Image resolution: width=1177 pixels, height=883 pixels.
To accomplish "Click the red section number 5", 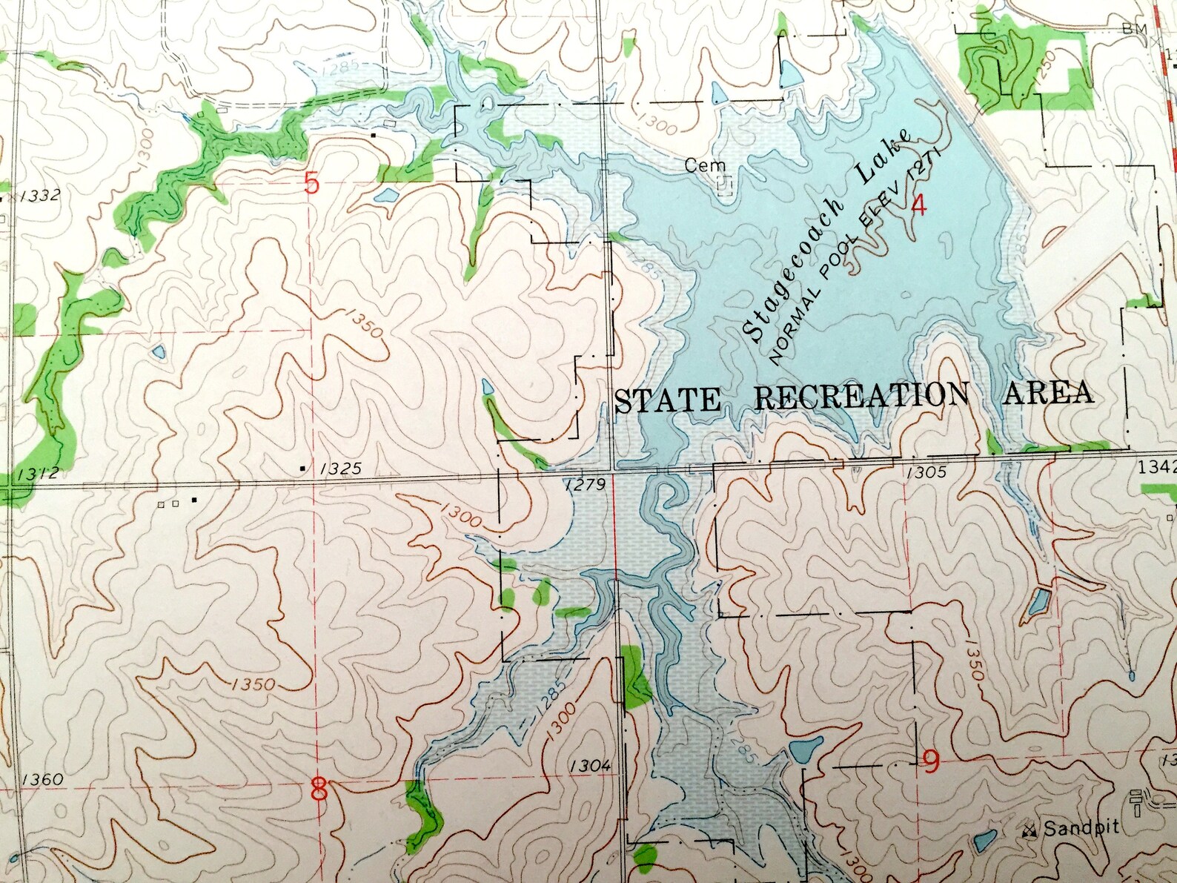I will click(x=311, y=182).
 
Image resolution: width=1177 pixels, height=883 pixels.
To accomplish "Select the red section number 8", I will click(x=319, y=789).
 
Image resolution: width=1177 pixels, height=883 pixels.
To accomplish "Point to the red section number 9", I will click(x=932, y=761).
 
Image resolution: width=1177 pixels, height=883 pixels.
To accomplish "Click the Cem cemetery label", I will click(x=705, y=165).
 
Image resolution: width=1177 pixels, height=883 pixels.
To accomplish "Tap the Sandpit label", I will click(x=1081, y=828).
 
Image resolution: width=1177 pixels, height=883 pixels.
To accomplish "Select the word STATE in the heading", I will click(x=668, y=400).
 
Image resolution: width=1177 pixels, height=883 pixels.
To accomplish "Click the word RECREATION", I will click(x=861, y=397).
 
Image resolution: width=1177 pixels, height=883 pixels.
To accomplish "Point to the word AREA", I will click(x=1048, y=393).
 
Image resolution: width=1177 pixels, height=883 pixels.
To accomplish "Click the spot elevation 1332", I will click(x=40, y=196).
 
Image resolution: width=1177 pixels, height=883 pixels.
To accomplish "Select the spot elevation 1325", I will click(x=341, y=469).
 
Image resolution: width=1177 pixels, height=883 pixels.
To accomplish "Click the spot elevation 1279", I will click(x=585, y=485).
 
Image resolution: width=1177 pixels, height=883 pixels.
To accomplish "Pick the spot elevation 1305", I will click(x=926, y=472).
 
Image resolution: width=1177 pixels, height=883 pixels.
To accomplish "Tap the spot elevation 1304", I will click(x=590, y=766).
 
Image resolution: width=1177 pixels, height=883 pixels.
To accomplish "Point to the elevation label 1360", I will click(x=42, y=779).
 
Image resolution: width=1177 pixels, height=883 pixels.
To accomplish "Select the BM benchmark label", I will click(x=1135, y=30).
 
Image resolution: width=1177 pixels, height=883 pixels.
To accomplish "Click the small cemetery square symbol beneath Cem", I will click(x=726, y=184).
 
